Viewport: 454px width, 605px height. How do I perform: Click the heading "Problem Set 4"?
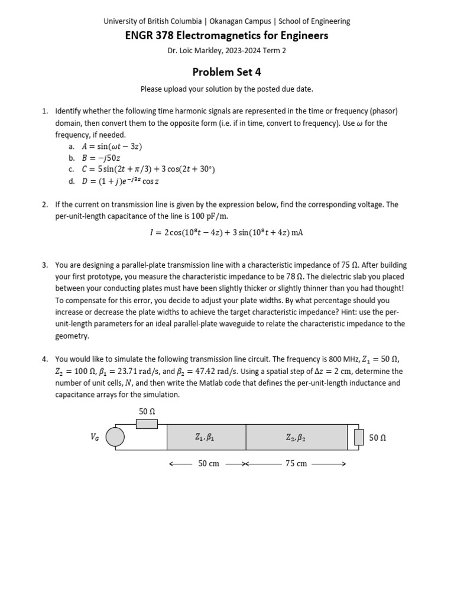(226, 72)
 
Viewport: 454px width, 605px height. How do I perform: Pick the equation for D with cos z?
(121, 181)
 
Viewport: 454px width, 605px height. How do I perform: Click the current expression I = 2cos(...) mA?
(226, 232)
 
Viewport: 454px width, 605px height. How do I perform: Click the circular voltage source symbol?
(115, 437)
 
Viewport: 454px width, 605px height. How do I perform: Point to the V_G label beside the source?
(95, 437)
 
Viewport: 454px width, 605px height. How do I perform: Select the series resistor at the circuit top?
(147, 424)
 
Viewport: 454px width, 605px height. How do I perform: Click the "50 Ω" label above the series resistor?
(147, 411)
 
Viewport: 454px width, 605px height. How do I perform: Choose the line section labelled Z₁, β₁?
(206, 437)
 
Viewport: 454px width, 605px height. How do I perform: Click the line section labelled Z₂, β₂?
(296, 437)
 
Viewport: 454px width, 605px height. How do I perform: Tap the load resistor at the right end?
(358, 437)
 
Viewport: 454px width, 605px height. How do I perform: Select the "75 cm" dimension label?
(296, 464)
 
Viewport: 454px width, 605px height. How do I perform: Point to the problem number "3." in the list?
(45, 265)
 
